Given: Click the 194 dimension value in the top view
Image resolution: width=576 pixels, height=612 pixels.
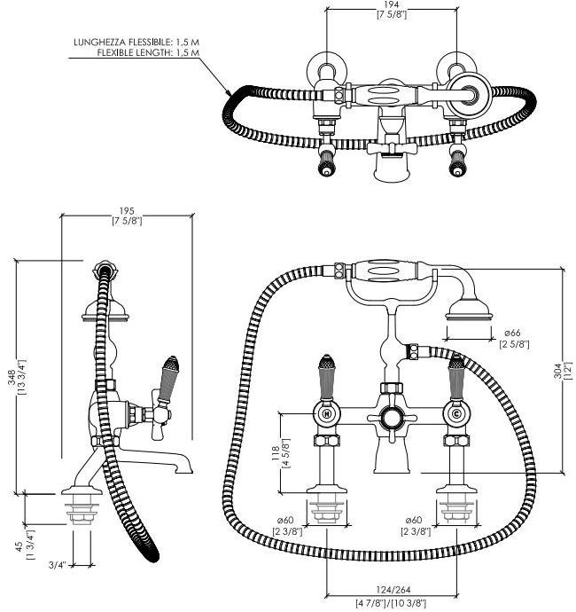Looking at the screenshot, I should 391,5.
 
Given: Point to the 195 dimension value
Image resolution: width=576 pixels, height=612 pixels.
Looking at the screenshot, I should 128,211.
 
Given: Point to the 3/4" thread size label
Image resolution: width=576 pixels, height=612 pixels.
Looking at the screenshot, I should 54,564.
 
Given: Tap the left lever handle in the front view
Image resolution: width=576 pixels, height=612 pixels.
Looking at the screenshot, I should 327,375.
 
